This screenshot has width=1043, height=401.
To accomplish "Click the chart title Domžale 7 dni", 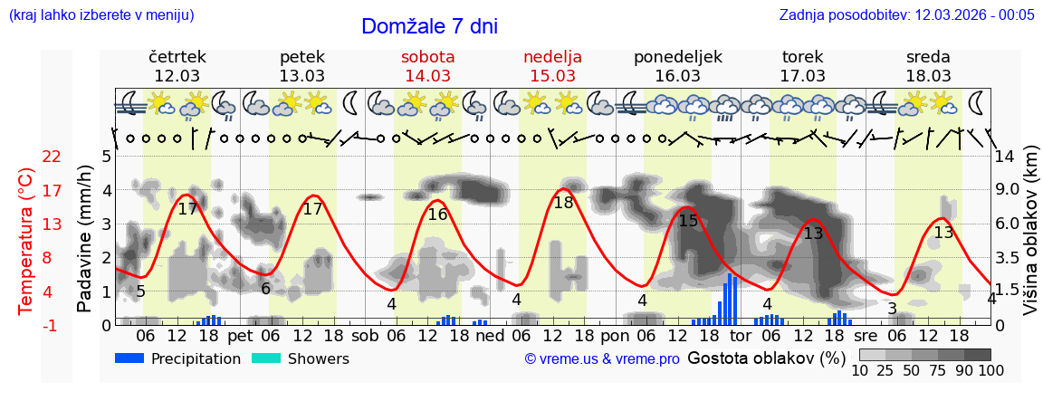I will (429, 26).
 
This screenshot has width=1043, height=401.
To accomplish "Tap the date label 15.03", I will (552, 75).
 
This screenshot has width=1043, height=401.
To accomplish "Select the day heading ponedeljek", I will (678, 57).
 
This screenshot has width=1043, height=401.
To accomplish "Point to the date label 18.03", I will (928, 75).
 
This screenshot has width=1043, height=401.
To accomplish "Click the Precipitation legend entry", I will (177, 358).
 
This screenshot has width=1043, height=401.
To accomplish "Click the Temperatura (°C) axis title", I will (27, 239).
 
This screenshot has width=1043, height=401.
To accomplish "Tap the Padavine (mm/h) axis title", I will (85, 239).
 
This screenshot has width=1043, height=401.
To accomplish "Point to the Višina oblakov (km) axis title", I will (1030, 239).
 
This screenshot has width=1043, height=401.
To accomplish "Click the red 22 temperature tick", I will (52, 157).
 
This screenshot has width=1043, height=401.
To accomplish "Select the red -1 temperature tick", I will (52, 325).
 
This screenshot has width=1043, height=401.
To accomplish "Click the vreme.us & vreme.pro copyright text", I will (601, 358).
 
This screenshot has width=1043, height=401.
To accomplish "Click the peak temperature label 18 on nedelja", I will (563, 203).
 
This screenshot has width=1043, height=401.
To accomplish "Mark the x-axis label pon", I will (614, 335).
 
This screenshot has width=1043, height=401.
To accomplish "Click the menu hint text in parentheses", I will (100, 14).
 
